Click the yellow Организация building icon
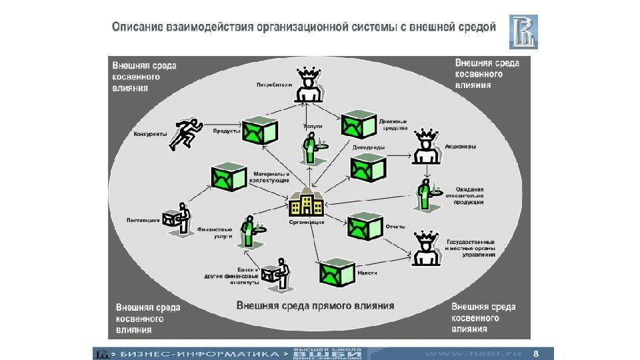pyautogui.click(x=306, y=203)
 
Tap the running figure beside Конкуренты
pyautogui.click(x=185, y=133)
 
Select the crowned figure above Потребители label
pyautogui.click(x=309, y=85)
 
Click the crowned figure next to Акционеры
pyautogui.click(x=425, y=147)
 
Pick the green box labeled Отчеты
pyautogui.click(x=364, y=227)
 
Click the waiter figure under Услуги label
pyautogui.click(x=310, y=147)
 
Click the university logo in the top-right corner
pyautogui.click(x=523, y=32)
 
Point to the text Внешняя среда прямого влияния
pyautogui.click(x=315, y=306)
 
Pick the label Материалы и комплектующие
pyautogui.click(x=269, y=177)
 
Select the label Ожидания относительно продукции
pyautogui.click(x=469, y=195)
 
